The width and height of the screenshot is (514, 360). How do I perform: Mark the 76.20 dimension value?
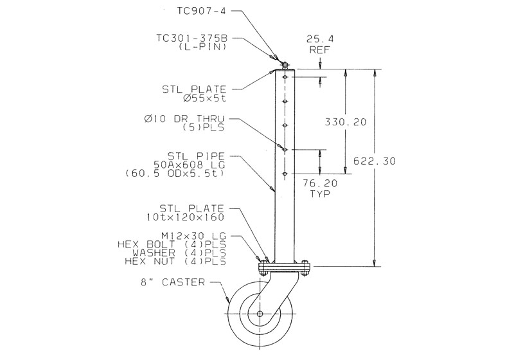click(319, 183)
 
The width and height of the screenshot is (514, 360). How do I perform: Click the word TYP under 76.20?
click(319, 192)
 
